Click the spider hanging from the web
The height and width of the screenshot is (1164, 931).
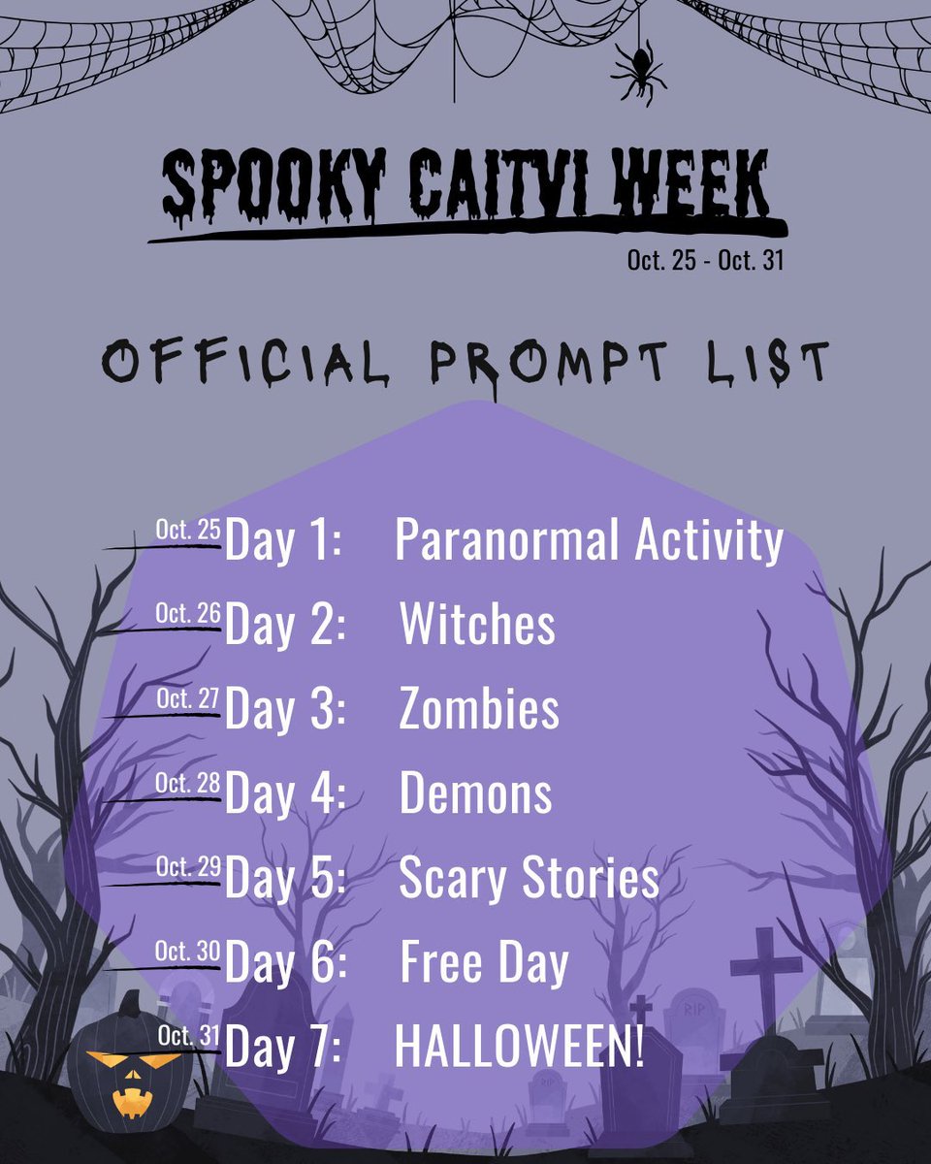coord(638,72)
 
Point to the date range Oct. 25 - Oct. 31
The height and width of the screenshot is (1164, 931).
coord(704,261)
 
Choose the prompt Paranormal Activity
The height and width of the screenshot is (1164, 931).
coord(588,540)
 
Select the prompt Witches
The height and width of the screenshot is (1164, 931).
coord(477,625)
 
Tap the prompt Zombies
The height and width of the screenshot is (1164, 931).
coord(478,709)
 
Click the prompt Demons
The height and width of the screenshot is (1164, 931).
coord(475,793)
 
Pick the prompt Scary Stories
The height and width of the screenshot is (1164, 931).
coord(529,878)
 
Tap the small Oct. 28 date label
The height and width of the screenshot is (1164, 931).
coord(188,783)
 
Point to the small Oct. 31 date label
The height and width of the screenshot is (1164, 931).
coord(188,1036)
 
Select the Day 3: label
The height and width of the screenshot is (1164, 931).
coord(284,709)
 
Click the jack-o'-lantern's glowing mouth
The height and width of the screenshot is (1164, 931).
coord(129,1101)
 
